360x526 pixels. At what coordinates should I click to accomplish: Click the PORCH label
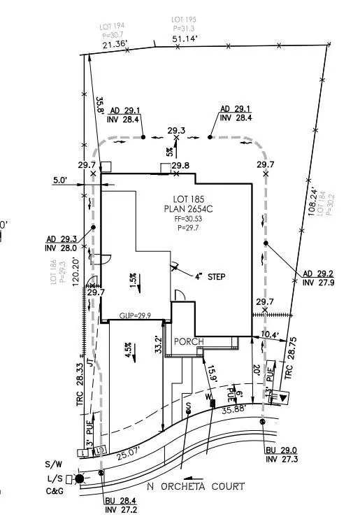tap(190, 341)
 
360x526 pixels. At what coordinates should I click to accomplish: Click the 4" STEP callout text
tap(210, 277)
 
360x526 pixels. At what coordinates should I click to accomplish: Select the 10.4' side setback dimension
tap(270, 336)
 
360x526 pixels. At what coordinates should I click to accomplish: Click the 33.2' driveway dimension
tap(159, 344)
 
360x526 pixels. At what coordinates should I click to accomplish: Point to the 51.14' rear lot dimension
tap(185, 39)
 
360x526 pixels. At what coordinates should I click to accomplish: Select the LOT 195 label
tap(185, 20)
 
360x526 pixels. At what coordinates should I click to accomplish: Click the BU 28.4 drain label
tap(119, 502)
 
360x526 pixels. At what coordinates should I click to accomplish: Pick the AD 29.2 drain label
tap(318, 273)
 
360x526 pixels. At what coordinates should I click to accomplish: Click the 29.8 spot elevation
tap(181, 165)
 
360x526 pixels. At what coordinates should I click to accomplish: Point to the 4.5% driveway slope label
tap(128, 348)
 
